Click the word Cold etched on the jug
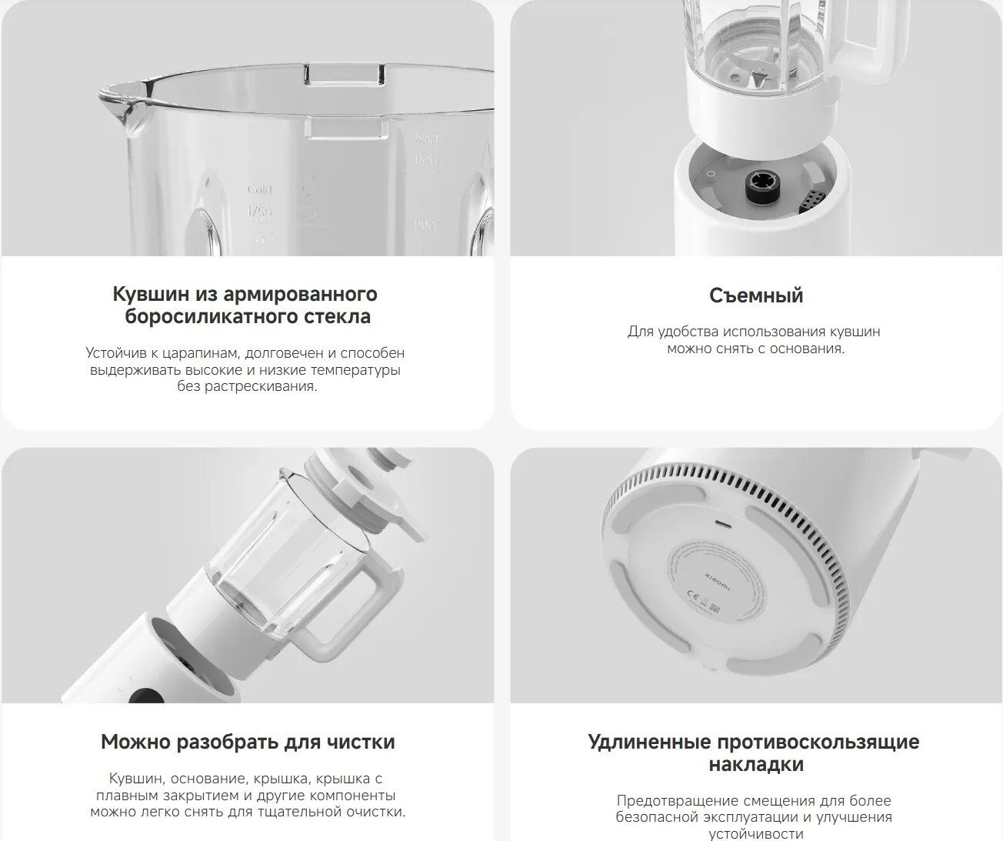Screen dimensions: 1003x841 (x=260, y=190)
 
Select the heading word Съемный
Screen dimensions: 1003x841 (x=756, y=295)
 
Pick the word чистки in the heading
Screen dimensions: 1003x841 (x=362, y=742)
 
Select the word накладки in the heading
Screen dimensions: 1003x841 (x=756, y=764)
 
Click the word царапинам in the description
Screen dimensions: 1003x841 (x=201, y=354)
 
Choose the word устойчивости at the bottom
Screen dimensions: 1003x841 (x=756, y=834)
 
